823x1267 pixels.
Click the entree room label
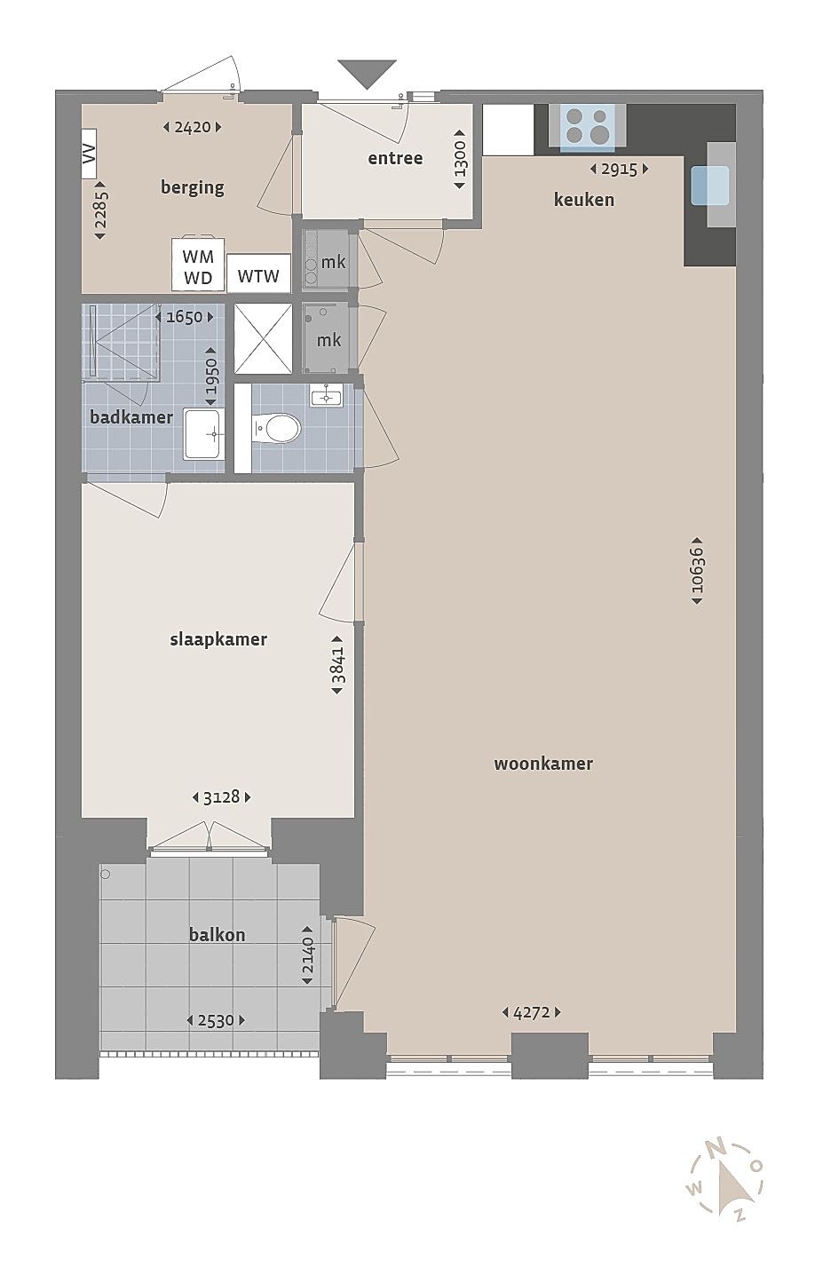395,158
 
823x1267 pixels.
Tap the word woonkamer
543,764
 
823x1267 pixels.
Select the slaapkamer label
218,640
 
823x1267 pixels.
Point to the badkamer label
131,417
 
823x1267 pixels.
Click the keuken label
584,199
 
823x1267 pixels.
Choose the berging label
193,187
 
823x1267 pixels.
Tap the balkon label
218,934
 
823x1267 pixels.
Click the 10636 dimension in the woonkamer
697,570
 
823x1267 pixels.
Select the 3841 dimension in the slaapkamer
337,665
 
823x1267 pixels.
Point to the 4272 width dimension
531,1012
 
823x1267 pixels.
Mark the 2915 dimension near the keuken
619,169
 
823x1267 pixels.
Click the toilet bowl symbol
276,428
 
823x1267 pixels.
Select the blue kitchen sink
710,186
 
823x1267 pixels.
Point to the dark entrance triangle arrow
367,74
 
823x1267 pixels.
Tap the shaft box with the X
263,339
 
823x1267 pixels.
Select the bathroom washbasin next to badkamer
205,434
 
